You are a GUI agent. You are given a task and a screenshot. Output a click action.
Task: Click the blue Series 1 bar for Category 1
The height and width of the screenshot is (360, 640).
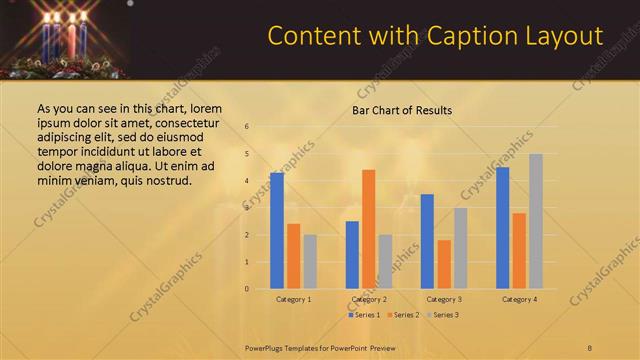(277, 231)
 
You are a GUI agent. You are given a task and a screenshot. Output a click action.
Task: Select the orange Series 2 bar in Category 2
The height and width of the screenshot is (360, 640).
(369, 229)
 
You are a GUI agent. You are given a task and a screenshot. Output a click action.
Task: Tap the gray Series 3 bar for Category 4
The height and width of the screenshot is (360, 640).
(536, 221)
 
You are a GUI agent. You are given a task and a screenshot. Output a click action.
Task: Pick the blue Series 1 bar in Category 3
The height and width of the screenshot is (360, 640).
(427, 241)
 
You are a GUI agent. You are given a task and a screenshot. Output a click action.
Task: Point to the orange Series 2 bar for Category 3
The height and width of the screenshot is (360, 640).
(444, 264)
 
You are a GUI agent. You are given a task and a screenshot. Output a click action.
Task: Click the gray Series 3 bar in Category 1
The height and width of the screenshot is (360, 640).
(310, 262)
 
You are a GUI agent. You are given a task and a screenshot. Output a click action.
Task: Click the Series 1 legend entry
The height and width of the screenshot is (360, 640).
(364, 315)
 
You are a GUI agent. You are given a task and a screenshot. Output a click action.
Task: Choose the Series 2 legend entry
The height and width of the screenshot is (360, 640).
(402, 315)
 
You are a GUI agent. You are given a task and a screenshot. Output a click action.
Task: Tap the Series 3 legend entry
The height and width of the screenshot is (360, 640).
(441, 315)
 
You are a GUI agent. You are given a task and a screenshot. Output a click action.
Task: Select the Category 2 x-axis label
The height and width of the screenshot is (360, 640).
(369, 299)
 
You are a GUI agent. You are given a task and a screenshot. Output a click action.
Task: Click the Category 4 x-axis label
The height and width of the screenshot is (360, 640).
(518, 299)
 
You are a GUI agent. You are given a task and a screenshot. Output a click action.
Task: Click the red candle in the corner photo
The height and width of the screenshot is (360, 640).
(70, 38)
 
